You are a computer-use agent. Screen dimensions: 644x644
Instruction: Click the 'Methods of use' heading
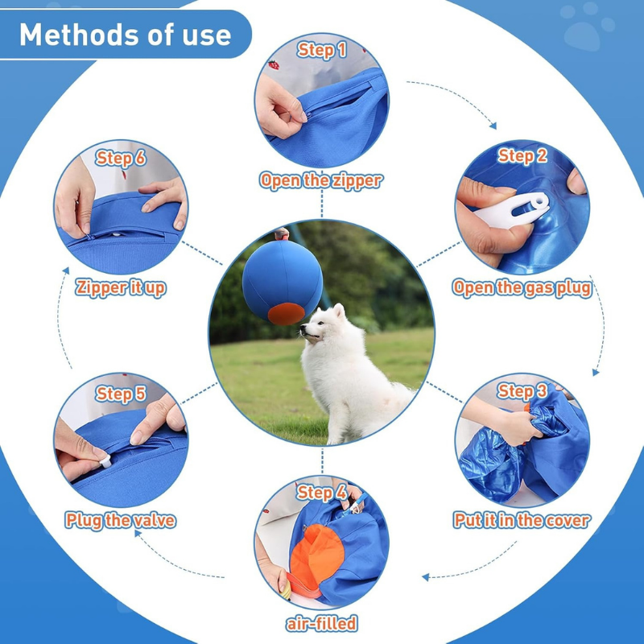click(125, 35)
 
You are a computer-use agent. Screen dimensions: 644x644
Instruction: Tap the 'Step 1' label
click(322, 50)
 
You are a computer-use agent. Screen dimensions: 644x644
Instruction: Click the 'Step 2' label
click(522, 155)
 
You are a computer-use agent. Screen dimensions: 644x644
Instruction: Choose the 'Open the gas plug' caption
click(522, 287)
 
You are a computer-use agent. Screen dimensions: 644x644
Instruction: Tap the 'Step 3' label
click(522, 391)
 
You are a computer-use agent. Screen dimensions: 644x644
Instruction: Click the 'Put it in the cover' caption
click(522, 520)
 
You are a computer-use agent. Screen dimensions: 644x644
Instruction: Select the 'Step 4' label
click(322, 492)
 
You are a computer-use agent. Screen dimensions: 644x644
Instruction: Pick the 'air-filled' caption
click(322, 623)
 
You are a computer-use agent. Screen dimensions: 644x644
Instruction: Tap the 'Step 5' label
click(121, 394)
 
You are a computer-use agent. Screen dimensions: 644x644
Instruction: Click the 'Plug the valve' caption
click(121, 520)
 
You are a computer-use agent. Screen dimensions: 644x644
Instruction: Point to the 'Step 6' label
click(121, 157)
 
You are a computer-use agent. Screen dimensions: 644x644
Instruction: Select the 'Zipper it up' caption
click(121, 287)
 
